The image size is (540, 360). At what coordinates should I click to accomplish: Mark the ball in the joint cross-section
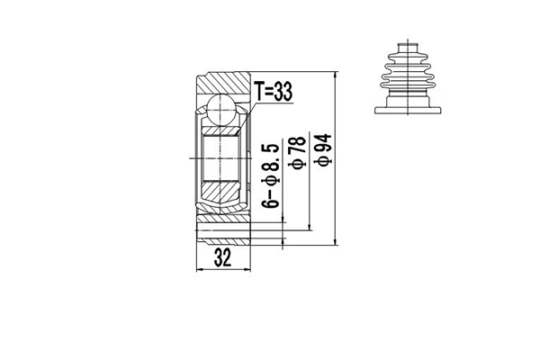coord(220,112)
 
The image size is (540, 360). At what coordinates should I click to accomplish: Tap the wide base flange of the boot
coord(409,106)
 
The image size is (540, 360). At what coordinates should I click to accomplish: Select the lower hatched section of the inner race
coord(220,190)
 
